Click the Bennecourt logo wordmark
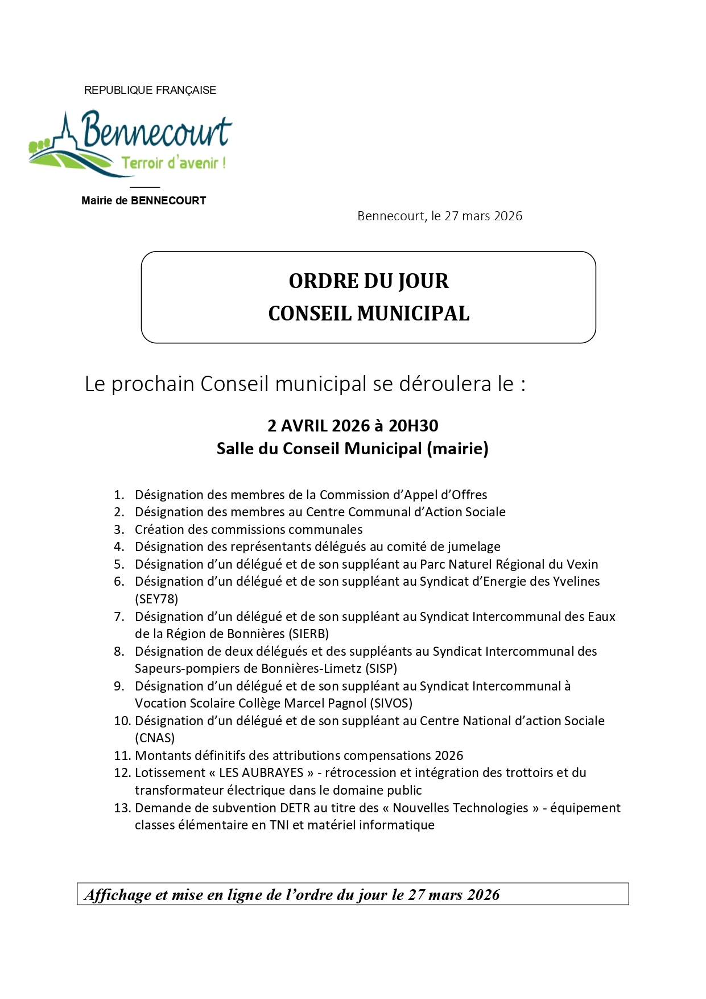156,130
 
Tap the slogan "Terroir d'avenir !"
174,163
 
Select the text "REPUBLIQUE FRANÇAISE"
150,90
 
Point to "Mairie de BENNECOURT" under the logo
143,200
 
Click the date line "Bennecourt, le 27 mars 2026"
440,216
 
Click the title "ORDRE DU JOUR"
369,281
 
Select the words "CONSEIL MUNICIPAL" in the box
369,314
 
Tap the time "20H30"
414,426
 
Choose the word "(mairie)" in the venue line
458,449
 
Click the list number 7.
119,616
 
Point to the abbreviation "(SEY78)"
156,599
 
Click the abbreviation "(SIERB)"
308,634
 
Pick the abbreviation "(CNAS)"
155,738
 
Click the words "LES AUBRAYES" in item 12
261,772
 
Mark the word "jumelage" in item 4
475,546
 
